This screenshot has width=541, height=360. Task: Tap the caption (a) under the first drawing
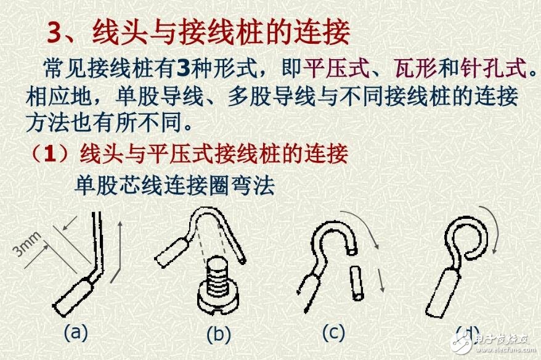(x=76, y=332)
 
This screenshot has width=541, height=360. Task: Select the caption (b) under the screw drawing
(x=218, y=334)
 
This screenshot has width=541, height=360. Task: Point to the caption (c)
(x=333, y=332)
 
